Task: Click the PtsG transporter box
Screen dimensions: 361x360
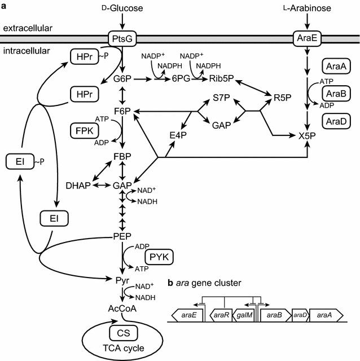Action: tap(122, 39)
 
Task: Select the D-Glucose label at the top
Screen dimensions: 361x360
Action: tap(122, 8)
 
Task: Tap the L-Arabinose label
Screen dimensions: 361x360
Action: tap(307, 8)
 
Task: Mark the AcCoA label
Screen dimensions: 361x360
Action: tap(122, 308)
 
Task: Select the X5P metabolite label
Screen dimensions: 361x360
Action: tap(307, 136)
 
